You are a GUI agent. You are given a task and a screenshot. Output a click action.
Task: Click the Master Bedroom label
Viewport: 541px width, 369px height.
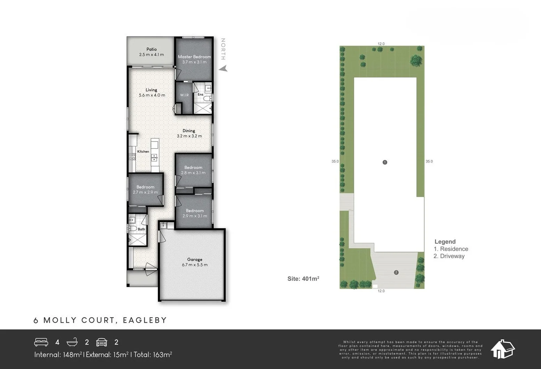coord(194,57)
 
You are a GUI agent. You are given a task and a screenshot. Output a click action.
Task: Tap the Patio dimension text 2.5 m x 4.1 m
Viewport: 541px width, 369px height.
coord(151,55)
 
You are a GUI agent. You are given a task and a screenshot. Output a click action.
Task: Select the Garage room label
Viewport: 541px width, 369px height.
coord(194,259)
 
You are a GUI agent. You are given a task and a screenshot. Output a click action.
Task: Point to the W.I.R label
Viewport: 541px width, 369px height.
coord(184,95)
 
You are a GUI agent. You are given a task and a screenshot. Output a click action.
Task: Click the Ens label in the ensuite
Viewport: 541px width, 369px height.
coord(200,94)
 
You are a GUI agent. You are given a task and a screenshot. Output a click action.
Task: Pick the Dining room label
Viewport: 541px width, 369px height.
coord(189,131)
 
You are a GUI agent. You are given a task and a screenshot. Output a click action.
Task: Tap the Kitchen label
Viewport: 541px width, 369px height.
coord(143,151)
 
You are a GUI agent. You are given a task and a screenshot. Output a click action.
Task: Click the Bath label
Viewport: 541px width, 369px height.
coord(141,229)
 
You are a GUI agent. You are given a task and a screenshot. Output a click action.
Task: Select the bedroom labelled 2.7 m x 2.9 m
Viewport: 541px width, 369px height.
coord(145,190)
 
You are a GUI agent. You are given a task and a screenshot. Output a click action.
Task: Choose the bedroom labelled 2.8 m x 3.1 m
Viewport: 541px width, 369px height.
coord(193,170)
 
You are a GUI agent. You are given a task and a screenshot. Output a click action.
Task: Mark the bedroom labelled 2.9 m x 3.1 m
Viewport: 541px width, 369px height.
coord(194,213)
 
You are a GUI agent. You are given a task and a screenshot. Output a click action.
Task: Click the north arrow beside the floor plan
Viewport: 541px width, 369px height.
coord(223,69)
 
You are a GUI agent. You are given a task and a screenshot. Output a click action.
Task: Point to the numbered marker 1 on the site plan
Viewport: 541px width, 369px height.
coord(385,162)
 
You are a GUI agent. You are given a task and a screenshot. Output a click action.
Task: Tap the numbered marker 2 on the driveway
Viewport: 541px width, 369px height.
coord(396,272)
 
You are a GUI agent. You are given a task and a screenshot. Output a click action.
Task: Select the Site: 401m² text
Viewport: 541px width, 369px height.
coord(303,279)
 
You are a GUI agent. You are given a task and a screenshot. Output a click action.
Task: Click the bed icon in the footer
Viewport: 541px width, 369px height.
coord(41,342)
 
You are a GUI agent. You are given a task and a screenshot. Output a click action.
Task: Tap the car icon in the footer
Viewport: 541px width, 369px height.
coord(102,342)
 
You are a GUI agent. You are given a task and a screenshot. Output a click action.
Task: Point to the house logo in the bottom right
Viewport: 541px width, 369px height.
coord(502,349)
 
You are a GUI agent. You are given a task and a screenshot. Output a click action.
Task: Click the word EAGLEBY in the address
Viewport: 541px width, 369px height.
coord(145,320)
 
